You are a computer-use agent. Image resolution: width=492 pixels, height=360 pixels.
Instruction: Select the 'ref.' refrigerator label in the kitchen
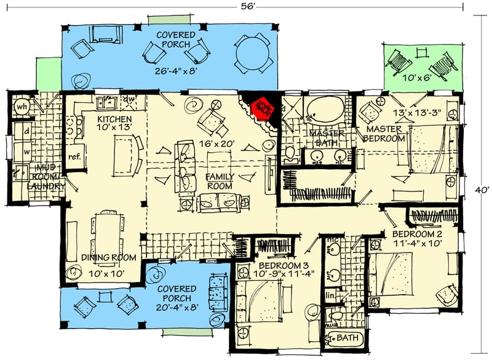[74, 157]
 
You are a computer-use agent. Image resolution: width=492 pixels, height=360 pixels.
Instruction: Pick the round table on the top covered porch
[252, 54]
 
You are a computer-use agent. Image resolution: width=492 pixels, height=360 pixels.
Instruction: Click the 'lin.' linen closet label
[330, 296]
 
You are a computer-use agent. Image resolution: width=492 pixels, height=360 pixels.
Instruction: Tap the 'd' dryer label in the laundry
[26, 132]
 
